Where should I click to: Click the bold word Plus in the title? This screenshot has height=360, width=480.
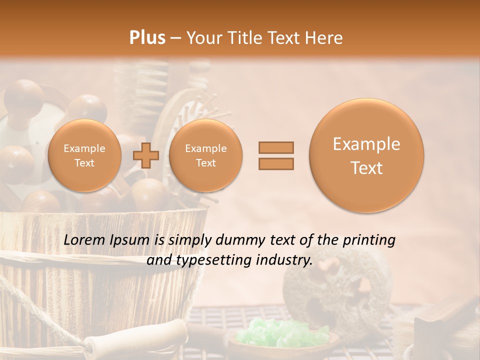pos(147,38)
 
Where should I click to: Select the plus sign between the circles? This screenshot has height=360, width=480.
pos(145,155)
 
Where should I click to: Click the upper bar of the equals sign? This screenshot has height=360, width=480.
pos(275,147)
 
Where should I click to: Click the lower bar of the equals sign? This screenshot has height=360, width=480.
pos(275,163)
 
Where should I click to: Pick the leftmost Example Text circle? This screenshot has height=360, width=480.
pos(84,155)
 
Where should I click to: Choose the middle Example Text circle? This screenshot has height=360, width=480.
pos(205,155)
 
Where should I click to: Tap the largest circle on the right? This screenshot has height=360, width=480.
pos(366,155)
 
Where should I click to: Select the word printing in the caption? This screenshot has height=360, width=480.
pos(369,240)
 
